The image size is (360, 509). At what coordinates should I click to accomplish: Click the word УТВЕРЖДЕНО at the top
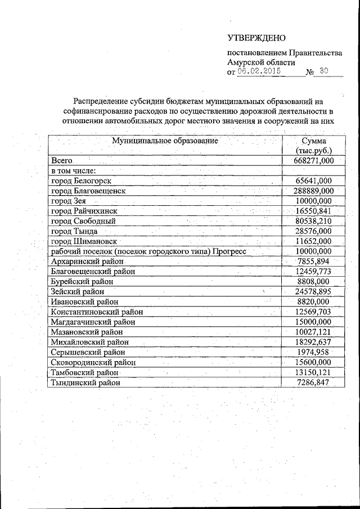(x=256, y=38)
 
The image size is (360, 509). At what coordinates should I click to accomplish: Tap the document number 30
(x=323, y=72)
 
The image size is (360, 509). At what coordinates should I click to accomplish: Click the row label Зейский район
(x=77, y=292)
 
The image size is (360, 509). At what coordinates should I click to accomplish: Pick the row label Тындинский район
(x=85, y=382)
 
